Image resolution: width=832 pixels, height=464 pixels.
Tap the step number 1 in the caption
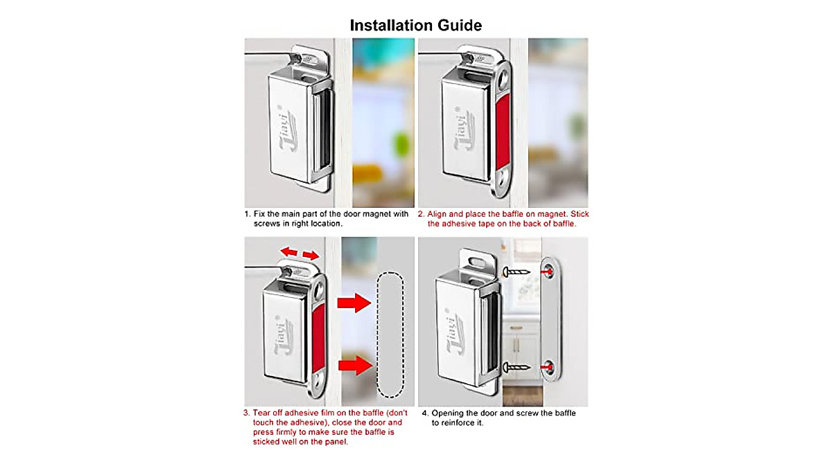pyautogui.click(x=246, y=214)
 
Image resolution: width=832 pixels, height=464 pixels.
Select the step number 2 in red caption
pyautogui.click(x=421, y=214)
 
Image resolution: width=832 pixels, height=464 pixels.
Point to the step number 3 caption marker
pyautogui.click(x=246, y=413)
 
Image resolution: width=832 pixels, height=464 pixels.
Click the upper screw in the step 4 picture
pyautogui.click(x=516, y=271)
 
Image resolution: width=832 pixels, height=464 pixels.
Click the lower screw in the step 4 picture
pyautogui.click(x=516, y=366)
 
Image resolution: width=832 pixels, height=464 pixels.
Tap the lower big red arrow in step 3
pyautogui.click(x=354, y=365)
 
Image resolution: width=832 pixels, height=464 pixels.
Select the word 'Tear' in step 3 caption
pyautogui.click(x=262, y=413)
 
